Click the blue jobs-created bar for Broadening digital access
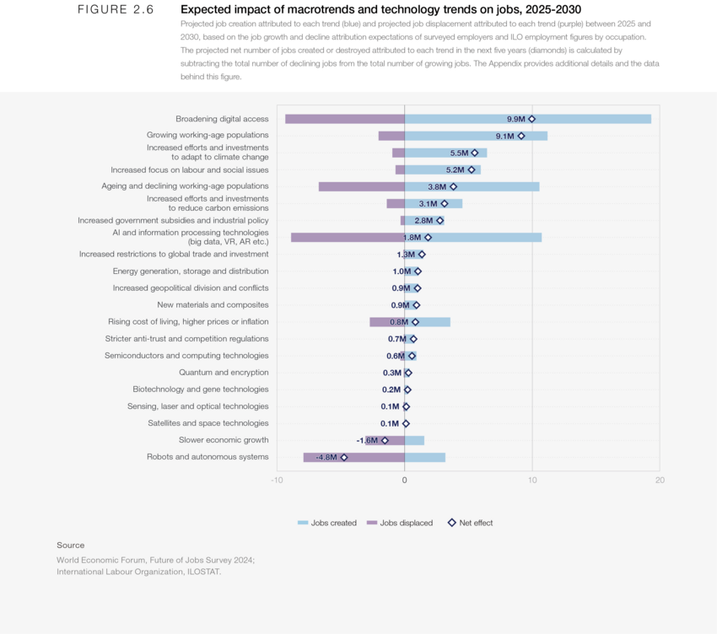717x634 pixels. click(x=590, y=119)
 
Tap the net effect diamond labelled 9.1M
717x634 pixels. click(x=520, y=136)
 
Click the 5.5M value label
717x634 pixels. click(x=459, y=153)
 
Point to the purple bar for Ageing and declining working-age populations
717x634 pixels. click(x=361, y=186)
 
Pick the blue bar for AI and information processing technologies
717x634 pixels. click(x=489, y=238)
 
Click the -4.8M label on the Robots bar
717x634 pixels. click(x=326, y=457)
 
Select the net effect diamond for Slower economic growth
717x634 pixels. click(x=385, y=440)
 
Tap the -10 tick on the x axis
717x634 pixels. click(x=277, y=480)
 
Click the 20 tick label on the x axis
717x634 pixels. click(x=659, y=480)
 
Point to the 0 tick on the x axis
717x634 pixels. click(x=405, y=480)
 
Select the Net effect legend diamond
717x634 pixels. click(x=451, y=523)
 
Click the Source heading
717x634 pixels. click(x=71, y=545)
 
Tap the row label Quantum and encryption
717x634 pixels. click(x=224, y=373)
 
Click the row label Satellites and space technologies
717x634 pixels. click(x=208, y=423)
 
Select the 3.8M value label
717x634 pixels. click(x=437, y=186)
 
